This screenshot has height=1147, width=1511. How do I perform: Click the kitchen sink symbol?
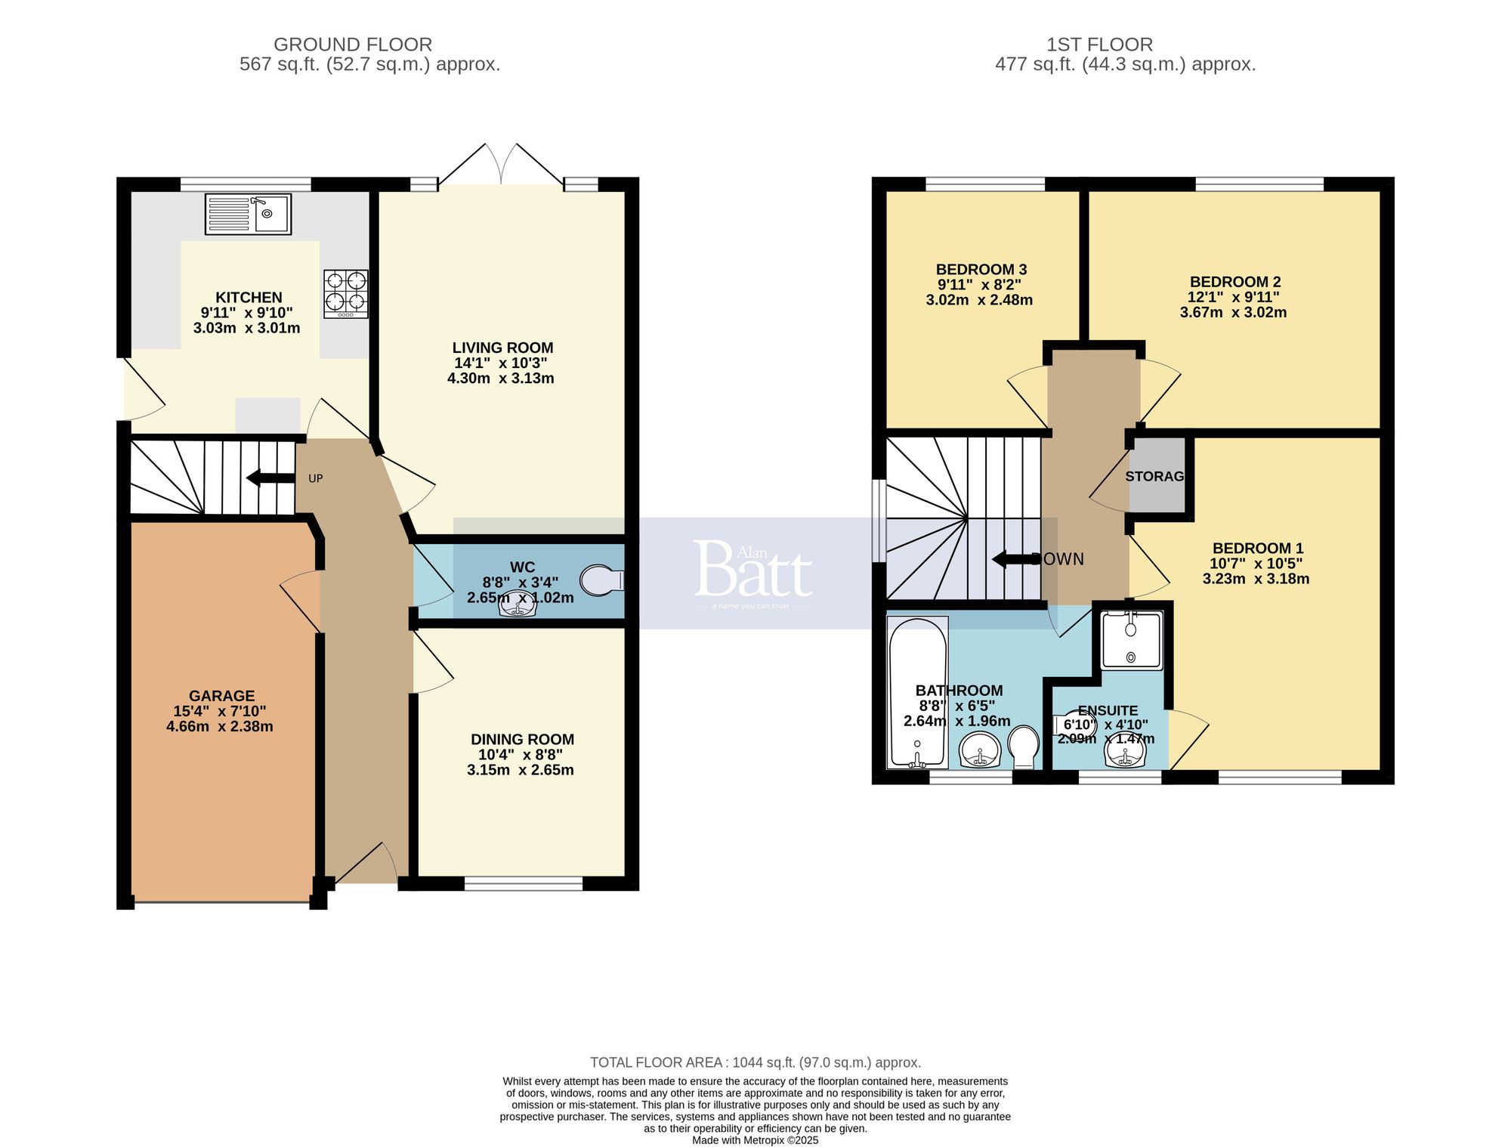coord(248,214)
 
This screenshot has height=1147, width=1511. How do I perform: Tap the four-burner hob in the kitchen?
coord(346,293)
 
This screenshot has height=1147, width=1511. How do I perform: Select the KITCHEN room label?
coord(249,298)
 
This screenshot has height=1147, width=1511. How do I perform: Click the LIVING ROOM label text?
coord(502,348)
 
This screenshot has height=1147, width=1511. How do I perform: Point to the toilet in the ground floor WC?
coord(601,580)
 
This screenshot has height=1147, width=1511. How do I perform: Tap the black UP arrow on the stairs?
coord(270,478)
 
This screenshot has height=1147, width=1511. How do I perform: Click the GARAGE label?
coord(221,696)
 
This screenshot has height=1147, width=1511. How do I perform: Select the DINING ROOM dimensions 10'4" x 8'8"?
coord(521,755)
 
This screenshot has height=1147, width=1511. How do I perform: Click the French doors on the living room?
coord(501,165)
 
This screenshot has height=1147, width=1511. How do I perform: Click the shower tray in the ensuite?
coord(1131,641)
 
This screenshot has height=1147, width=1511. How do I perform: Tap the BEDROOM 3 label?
coord(981,270)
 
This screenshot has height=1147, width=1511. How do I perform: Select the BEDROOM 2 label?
coord(1234,282)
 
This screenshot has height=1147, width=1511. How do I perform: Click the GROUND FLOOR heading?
coord(353,45)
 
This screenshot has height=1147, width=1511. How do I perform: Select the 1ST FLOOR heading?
coord(1099,45)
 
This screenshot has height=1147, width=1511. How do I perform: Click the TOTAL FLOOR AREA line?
coord(755,1062)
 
